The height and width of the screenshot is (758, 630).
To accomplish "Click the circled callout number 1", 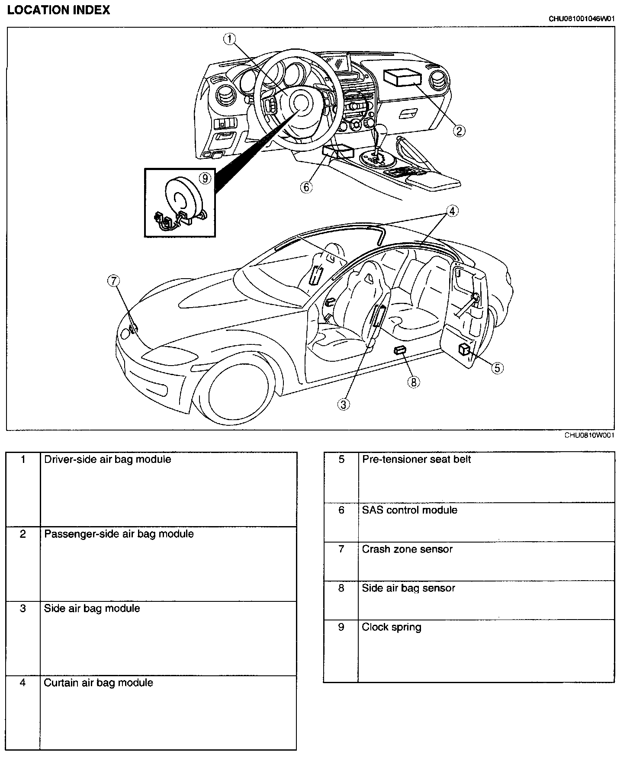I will pyautogui.click(x=229, y=39).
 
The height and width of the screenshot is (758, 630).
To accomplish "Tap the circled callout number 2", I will pyautogui.click(x=459, y=130).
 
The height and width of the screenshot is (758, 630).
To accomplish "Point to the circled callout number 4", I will pyautogui.click(x=452, y=211).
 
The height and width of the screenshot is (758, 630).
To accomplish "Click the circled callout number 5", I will pyautogui.click(x=497, y=368).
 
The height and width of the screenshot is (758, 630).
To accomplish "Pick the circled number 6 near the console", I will pyautogui.click(x=306, y=187).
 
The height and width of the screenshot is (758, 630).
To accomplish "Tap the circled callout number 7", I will pyautogui.click(x=113, y=281).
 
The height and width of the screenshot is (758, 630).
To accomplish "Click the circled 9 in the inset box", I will pyautogui.click(x=205, y=178).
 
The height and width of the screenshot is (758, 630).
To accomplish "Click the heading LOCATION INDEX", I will pyautogui.click(x=58, y=10).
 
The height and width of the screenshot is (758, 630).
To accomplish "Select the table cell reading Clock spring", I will pyautogui.click(x=392, y=627).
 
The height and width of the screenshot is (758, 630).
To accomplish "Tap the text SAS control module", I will pyautogui.click(x=409, y=510).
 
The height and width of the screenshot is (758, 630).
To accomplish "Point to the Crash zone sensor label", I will pyautogui.click(x=407, y=549).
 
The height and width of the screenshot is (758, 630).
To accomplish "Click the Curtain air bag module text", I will pyautogui.click(x=98, y=683).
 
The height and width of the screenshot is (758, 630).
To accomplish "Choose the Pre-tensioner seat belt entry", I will pyautogui.click(x=416, y=459).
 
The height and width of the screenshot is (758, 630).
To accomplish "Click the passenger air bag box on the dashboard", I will pyautogui.click(x=402, y=78).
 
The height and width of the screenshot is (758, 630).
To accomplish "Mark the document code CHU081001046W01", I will pyautogui.click(x=582, y=19).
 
